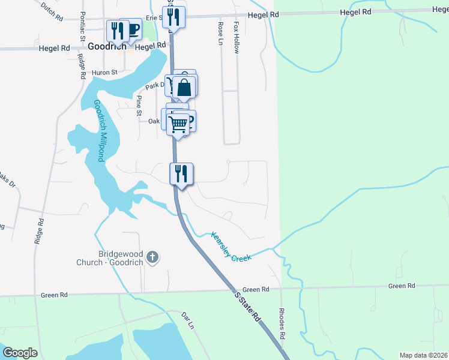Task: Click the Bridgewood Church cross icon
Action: pos(152,257)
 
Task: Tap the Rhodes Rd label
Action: pos(282,322)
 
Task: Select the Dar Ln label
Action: pos(188,320)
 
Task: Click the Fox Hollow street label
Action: pos(237,38)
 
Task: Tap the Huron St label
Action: pos(104,73)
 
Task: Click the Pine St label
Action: pos(139,105)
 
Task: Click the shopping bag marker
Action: pos(185,88)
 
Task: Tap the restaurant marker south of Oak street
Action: pos(181,173)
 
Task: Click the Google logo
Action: pos(20,353)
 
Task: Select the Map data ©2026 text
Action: pos(424,355)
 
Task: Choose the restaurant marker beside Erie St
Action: pos(173,17)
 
